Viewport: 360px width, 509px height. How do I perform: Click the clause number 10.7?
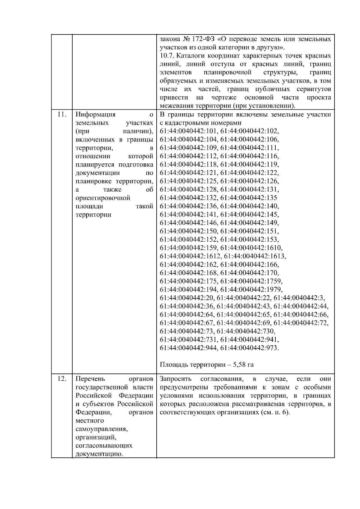pos(167,56)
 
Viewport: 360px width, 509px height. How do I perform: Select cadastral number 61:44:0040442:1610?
pos(251,248)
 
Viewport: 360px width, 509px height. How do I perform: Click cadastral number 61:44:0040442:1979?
pos(251,290)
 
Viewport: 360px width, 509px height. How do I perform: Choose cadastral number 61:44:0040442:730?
pos(246,331)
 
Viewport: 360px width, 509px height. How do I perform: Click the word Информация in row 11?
pos(95,115)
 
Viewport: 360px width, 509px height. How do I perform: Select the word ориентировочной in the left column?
pos(103,198)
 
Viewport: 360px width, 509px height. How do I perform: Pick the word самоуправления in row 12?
pos(102,429)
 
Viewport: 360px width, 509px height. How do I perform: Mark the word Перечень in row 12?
pos(90,379)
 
